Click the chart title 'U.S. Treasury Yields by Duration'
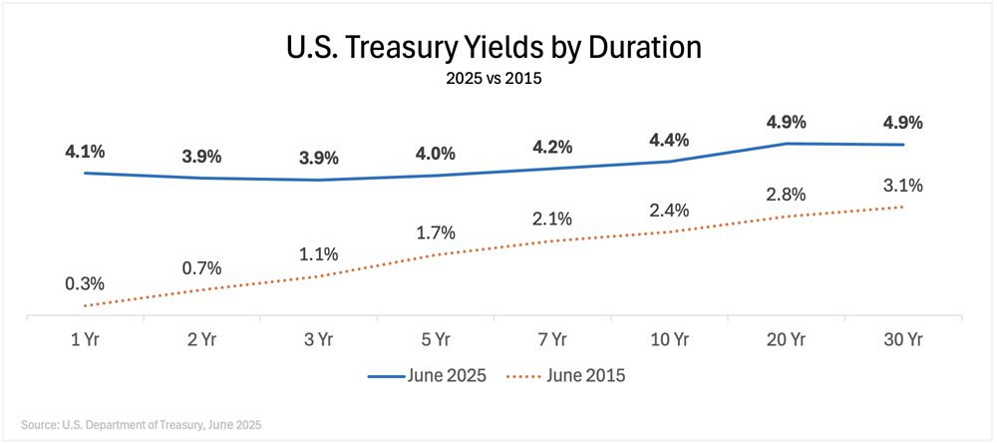[x=494, y=48]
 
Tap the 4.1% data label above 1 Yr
[x=86, y=152]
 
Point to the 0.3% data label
[x=86, y=284]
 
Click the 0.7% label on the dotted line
[x=202, y=268]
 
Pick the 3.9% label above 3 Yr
[x=319, y=159]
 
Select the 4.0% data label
[x=436, y=154]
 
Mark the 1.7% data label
[x=436, y=233]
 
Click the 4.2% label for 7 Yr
[x=552, y=147]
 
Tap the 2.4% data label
[x=669, y=211]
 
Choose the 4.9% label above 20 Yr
[x=786, y=123]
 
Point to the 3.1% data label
[x=902, y=186]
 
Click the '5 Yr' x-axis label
[x=436, y=340]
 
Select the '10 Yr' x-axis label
[x=669, y=340]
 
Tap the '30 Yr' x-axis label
[x=902, y=340]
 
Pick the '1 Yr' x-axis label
[x=86, y=340]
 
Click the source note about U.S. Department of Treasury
[x=141, y=424]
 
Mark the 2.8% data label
[x=786, y=194]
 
